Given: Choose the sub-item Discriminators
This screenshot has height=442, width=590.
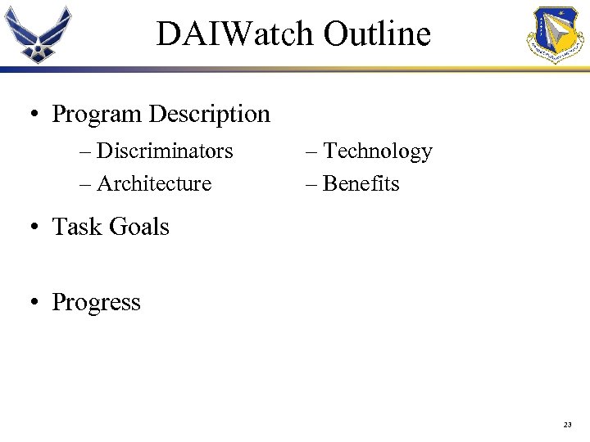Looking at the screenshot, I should [x=165, y=151].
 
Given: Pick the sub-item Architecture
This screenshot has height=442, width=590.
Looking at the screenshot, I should [x=154, y=183].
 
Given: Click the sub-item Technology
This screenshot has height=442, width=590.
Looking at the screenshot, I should [x=378, y=151].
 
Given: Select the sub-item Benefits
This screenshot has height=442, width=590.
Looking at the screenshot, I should [x=361, y=183].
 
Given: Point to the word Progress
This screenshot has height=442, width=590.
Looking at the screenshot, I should [x=97, y=303].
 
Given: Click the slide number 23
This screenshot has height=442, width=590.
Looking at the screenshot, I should [x=567, y=424].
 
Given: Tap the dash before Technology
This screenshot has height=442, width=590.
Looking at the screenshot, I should [x=312, y=152].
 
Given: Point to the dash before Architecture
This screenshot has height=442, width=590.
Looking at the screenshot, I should [x=86, y=184].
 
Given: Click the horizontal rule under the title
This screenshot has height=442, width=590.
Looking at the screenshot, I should [x=295, y=70].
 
